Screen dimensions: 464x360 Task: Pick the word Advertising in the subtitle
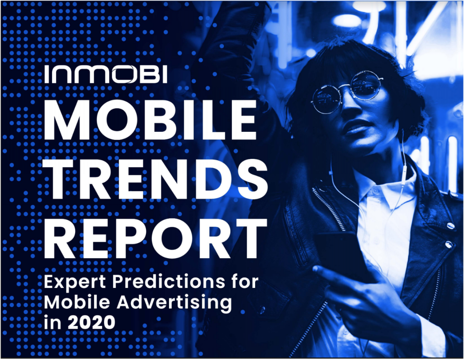[174, 303]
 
